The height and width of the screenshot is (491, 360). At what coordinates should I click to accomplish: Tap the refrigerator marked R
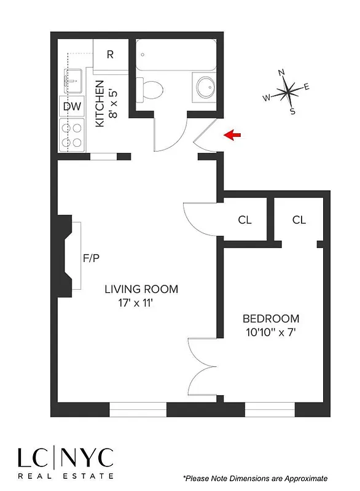pos(111,54)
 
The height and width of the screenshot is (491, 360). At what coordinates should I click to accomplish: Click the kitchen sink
pos(72,79)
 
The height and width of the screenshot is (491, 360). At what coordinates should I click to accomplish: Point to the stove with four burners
pos(71,134)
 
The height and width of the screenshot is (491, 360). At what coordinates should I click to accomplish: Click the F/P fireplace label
pos(91,258)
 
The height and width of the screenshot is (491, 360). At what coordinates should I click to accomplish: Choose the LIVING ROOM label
pos(141,288)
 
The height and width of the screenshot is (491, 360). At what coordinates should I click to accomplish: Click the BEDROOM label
pos(271,319)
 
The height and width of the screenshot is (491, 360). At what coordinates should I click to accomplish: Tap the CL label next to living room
pos(244,220)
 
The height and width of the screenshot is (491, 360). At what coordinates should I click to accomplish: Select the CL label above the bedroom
pos(299,220)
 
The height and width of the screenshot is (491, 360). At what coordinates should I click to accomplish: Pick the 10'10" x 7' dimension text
pos(271,333)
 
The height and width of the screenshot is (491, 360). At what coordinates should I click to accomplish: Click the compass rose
pos(288,93)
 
